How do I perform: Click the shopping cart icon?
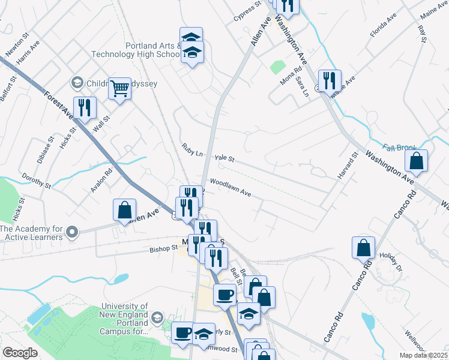pyautogui.click(x=120, y=89)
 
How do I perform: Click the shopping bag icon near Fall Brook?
pyautogui.click(x=415, y=161)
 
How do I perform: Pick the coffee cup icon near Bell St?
pyautogui.click(x=225, y=295)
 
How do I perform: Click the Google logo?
pyautogui.click(x=20, y=353)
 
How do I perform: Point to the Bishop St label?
pyautogui.click(x=164, y=247)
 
